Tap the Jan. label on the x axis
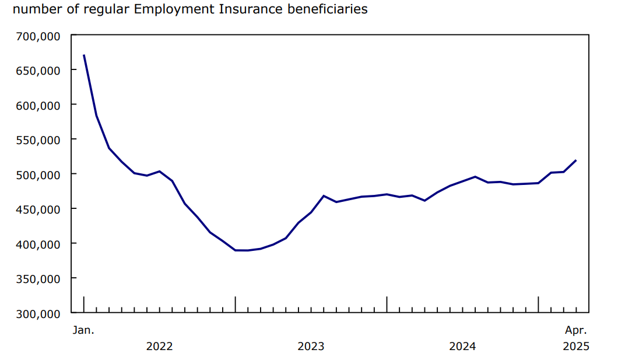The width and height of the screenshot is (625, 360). (83, 330)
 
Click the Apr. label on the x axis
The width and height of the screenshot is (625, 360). (576, 330)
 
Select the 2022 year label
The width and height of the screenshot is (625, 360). (159, 347)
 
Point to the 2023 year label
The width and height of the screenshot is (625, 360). (311, 347)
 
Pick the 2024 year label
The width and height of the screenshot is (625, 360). (462, 347)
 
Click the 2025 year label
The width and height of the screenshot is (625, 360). (576, 347)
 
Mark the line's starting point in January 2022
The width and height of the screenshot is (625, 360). (84, 55)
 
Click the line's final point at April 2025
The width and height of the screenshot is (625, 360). (576, 160)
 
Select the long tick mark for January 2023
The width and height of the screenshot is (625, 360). (236, 303)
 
